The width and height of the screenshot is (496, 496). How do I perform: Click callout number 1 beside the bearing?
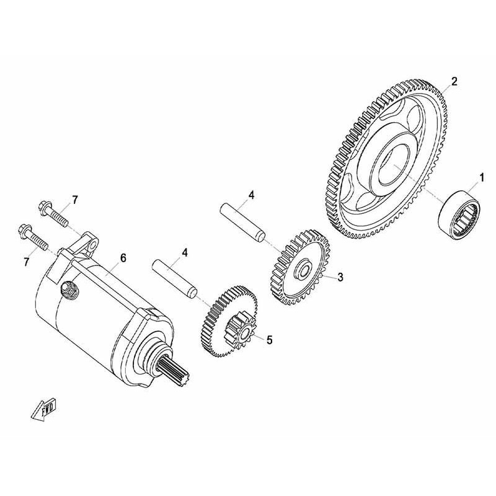tap(482, 177)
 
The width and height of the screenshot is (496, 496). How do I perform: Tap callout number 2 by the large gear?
tap(454, 82)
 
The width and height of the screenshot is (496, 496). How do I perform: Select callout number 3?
tap(340, 277)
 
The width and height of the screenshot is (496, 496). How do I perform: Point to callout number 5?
tap(269, 340)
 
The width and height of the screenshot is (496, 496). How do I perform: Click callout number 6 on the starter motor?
tap(123, 258)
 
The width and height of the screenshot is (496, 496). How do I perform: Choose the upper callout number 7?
tap(74, 200)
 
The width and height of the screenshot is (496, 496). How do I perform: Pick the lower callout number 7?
tap(26, 262)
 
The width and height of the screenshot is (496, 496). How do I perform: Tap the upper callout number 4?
tap(251, 195)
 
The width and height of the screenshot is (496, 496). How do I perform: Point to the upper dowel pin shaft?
tap(243, 223)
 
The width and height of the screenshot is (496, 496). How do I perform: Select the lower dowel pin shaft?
tap(175, 279)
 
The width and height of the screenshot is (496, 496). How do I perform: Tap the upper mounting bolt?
tap(53, 214)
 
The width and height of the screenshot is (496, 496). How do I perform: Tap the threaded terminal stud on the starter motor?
tap(69, 289)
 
